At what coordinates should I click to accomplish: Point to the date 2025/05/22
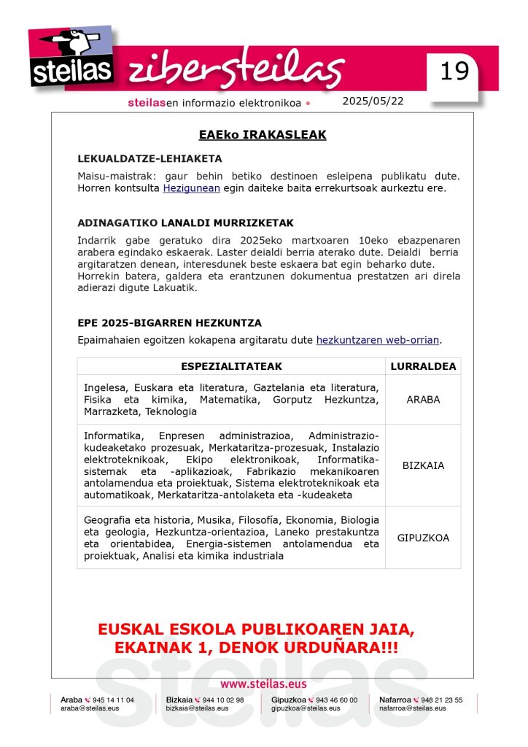tap(373, 101)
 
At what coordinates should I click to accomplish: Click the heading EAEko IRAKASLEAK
tap(263, 135)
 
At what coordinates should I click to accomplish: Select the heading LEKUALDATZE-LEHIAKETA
tap(150, 158)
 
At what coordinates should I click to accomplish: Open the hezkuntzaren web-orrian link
tap(378, 340)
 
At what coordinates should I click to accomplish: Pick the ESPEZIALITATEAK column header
tap(231, 366)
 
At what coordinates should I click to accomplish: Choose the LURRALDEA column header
tap(423, 366)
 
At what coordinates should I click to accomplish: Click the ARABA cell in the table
tap(423, 400)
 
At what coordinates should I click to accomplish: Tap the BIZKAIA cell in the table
tap(423, 465)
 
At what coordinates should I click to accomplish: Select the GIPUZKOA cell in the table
tap(423, 538)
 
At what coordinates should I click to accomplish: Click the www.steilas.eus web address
tap(263, 684)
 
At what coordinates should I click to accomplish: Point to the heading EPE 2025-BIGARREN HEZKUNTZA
tap(169, 322)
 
